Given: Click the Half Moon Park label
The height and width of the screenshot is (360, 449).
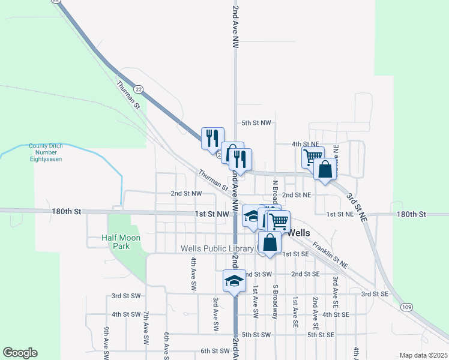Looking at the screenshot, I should (121, 242).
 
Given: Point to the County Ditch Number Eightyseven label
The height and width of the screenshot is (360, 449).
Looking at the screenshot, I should (46, 152).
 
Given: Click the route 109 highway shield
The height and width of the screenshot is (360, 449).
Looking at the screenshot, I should (406, 307).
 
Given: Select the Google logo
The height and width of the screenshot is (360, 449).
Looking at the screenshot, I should (20, 353).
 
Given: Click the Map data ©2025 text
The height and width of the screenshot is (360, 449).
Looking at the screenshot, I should (423, 355).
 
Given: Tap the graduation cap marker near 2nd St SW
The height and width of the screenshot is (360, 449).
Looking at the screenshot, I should (234, 281).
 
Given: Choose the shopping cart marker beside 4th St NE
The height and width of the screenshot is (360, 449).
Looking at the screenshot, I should (312, 157).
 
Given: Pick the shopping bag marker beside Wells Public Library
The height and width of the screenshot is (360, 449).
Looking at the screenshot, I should (270, 243).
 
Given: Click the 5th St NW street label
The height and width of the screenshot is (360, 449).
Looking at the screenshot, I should (256, 122).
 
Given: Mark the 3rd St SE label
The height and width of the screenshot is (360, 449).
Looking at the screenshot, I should (375, 294).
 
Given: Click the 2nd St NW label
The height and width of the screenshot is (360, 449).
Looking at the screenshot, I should (185, 194).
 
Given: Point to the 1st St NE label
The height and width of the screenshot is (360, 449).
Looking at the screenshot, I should (340, 214).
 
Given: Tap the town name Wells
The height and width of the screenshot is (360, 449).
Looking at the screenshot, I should (299, 232).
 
